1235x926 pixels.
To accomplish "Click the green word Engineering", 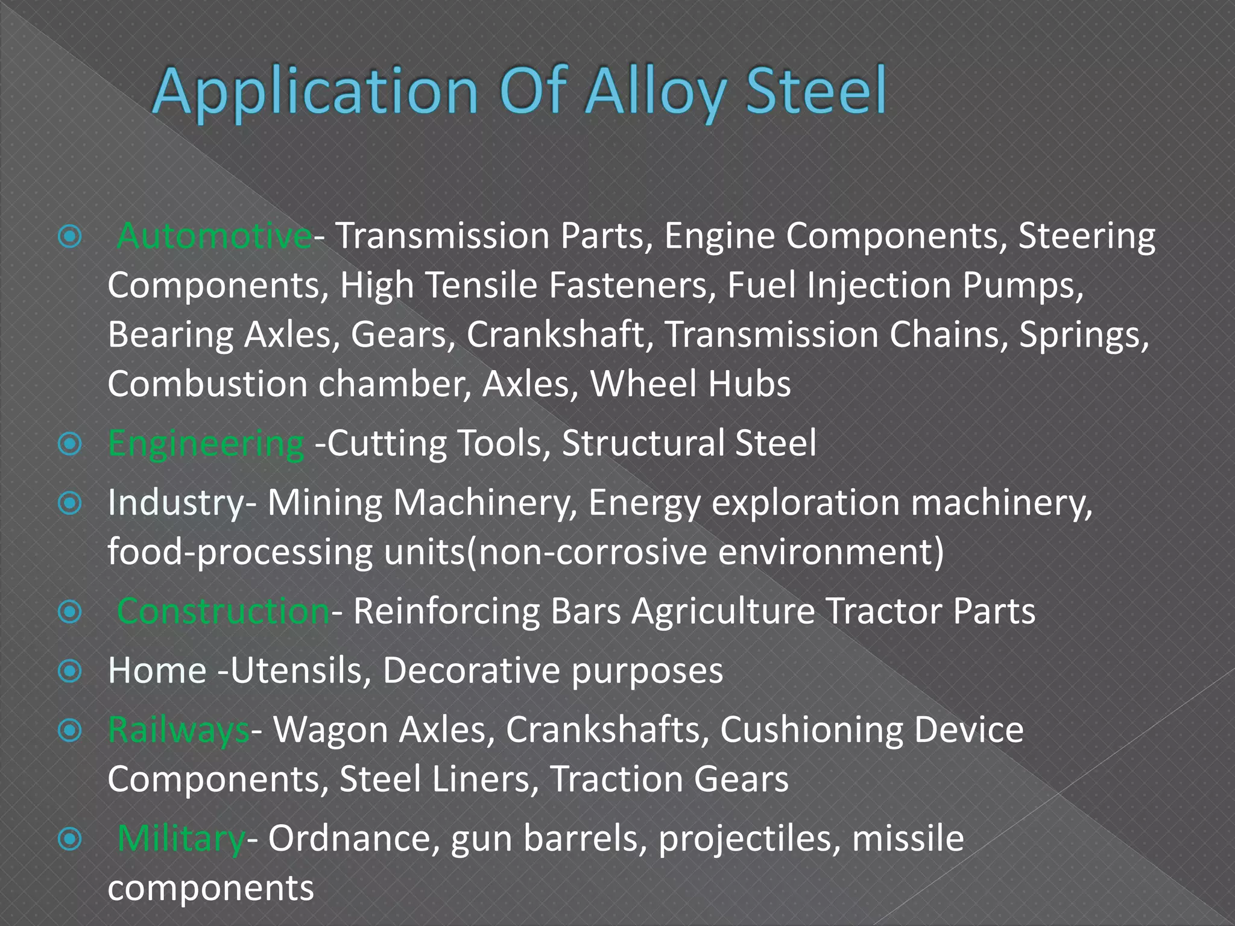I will [206, 444].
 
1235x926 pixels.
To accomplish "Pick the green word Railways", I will [178, 730].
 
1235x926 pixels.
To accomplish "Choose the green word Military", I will [180, 839].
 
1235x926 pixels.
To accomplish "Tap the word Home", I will [157, 670].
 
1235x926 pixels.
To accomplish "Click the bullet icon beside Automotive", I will [71, 237].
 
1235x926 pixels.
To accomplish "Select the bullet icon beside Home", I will [71, 671].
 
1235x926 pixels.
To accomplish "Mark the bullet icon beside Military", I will [71, 839].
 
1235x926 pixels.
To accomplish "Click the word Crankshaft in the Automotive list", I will [555, 335].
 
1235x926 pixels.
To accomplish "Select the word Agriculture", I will [723, 611].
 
